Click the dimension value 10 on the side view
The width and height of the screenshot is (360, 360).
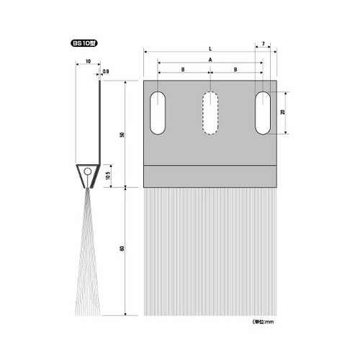87,62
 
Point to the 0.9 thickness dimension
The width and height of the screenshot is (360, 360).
106,71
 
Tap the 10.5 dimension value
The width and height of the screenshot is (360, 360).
109,174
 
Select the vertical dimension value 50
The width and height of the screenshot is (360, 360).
123,135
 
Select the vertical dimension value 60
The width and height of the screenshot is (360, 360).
123,250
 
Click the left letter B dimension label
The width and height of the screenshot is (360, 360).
184,69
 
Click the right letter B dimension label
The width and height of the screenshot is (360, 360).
236,69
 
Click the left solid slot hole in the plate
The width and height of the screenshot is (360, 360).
157,113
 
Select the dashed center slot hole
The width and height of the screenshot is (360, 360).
210,113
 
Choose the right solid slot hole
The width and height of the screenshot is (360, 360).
264,113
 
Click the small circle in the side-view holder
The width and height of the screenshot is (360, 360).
87,173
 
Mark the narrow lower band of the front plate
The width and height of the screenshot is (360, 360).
210,176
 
